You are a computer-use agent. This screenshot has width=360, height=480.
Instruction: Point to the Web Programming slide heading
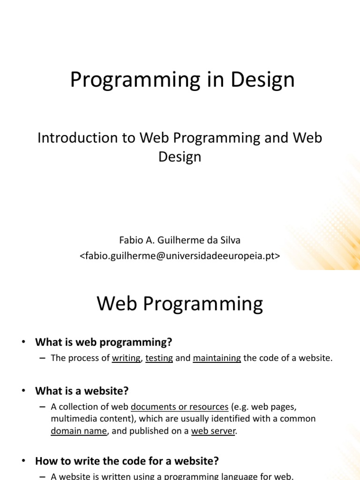pos(180,304)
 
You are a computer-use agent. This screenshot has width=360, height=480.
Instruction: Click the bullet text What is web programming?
pos(104,342)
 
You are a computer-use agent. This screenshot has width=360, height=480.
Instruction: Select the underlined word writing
pos(126,358)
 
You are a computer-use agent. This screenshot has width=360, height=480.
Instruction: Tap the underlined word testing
pos(159,358)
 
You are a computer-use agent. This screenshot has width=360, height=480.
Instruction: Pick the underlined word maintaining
pos(217,358)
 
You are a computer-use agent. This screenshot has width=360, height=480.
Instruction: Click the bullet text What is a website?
pos(82,390)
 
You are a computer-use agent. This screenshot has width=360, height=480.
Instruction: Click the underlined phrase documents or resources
pos(180,406)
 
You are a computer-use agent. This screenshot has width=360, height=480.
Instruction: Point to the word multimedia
pos(73,419)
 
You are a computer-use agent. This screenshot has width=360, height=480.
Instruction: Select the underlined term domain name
pos(79,431)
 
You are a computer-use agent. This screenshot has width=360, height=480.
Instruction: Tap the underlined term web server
pos(213,431)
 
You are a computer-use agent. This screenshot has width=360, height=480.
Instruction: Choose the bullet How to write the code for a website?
pos(127,461)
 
